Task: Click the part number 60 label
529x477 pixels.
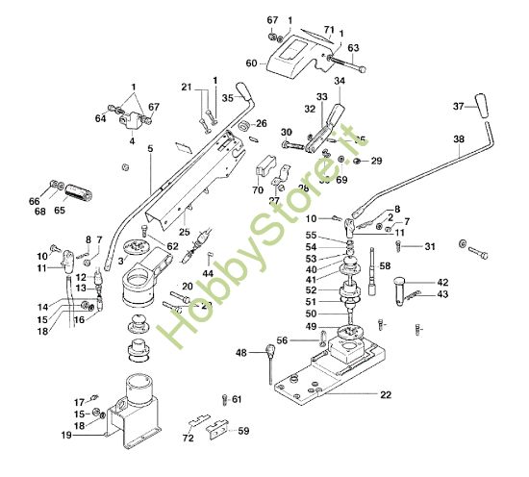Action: coord(251,63)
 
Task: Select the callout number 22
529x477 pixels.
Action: coord(386,395)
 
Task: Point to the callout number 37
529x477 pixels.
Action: coord(458,105)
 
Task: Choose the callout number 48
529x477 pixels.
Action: coord(240,352)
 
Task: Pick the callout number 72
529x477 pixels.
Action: coord(189,438)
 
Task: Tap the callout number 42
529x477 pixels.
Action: coord(442,283)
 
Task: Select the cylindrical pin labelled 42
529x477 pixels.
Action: coord(405,286)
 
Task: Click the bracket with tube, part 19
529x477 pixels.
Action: coord(135,409)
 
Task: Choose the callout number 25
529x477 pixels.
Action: coord(186,232)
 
